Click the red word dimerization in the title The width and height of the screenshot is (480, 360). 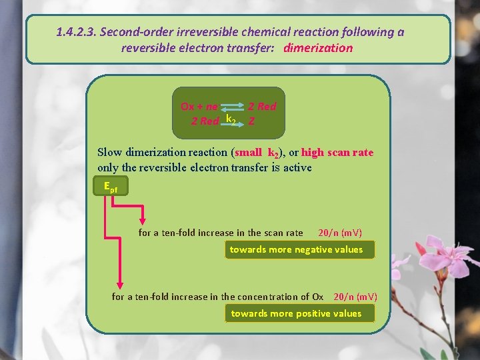[x=318, y=48]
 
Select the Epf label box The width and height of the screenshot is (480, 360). [x=111, y=187]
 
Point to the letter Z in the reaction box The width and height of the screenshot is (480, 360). [x=251, y=121]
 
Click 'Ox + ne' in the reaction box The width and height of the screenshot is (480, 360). [x=199, y=107]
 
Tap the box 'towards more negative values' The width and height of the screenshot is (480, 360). [x=296, y=250]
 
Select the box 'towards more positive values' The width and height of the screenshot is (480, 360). [x=296, y=313]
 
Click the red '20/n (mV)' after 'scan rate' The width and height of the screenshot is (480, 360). [x=340, y=233]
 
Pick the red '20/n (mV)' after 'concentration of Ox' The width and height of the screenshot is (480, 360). [x=355, y=297]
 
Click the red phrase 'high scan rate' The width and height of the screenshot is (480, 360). [x=337, y=153]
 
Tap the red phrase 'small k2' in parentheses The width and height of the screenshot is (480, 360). [x=257, y=153]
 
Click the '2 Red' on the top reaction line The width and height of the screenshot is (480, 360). [x=262, y=107]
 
